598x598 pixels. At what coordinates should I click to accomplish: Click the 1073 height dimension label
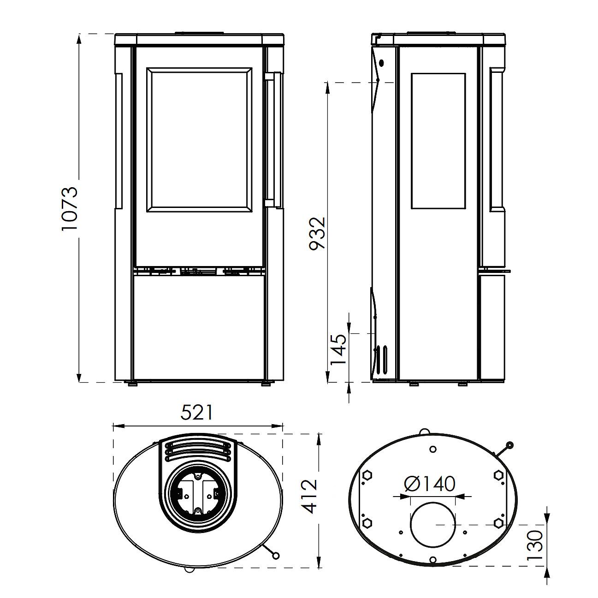point(69,208)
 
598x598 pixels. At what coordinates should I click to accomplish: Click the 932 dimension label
point(317,233)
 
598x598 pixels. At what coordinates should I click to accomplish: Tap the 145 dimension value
point(338,350)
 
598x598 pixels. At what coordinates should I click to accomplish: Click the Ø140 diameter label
point(430,484)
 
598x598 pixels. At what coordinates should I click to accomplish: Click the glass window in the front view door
point(199,139)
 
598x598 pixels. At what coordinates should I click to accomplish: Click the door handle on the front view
point(274,139)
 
